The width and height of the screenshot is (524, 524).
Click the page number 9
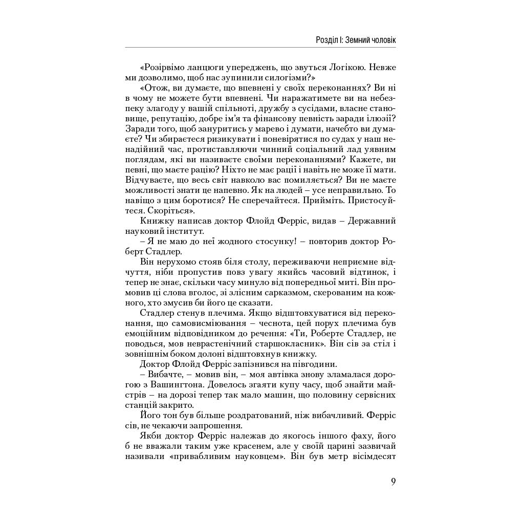(x=393, y=482)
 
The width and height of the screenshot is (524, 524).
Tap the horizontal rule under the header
(x=260, y=48)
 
